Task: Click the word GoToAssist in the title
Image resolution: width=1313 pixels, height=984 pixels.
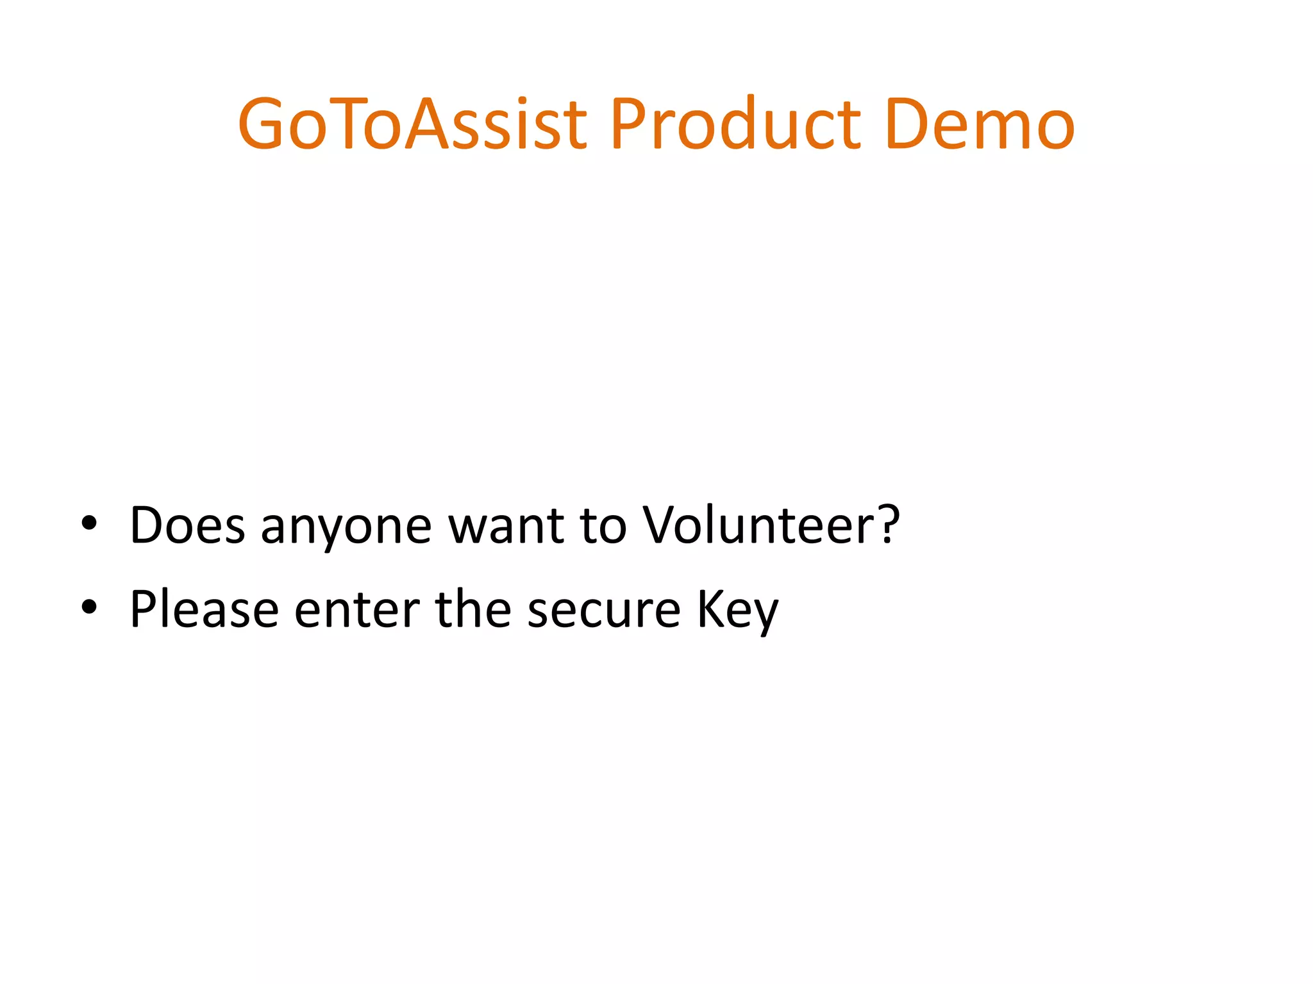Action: (412, 124)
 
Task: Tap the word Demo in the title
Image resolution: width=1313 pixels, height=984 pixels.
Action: (979, 124)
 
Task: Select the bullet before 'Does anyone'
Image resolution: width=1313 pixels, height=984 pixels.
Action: (89, 524)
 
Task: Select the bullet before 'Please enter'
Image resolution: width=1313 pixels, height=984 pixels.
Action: (89, 607)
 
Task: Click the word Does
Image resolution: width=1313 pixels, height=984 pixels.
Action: (187, 525)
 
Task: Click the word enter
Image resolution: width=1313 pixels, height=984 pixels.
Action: (357, 610)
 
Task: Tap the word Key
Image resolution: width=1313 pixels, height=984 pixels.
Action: (737, 610)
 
